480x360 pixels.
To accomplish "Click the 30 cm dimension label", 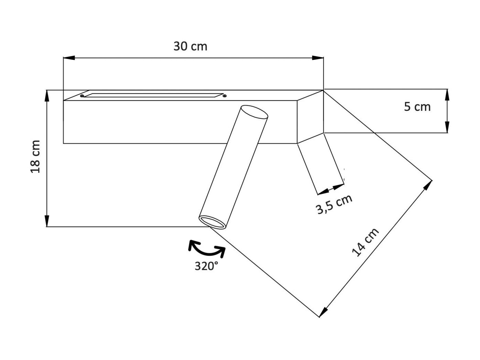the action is [190, 46].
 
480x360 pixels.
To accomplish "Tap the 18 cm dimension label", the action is [35, 156].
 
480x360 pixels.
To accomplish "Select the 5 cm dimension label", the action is [417, 107].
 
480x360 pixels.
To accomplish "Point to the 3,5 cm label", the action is [334, 204].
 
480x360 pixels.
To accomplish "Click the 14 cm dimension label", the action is [365, 242].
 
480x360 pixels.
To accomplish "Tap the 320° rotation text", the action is [206, 266].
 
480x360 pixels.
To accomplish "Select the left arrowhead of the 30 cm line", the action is [69, 58].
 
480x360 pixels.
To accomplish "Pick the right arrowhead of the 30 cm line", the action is [318, 58].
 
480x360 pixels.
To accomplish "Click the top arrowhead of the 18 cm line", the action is [47, 95].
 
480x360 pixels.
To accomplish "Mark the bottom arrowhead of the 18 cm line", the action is [47, 221].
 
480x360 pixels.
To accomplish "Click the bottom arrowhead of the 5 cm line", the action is [447, 127].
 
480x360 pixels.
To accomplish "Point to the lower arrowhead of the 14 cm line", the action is [323, 312].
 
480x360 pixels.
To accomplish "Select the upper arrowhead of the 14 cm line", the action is [428, 185].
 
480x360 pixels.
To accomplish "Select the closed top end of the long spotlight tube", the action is [255, 112].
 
